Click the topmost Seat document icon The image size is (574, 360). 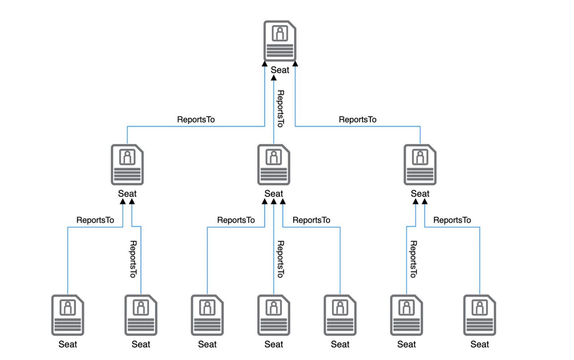click(x=280, y=40)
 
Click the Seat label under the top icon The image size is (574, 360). click(x=280, y=70)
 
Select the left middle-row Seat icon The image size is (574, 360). click(x=127, y=165)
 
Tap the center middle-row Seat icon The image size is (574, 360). click(x=274, y=165)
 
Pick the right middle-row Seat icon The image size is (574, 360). click(x=420, y=165)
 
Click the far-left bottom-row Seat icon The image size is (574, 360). click(x=68, y=315)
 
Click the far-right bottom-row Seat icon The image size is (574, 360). click(x=479, y=315)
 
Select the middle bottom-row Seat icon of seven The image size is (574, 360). click(x=274, y=315)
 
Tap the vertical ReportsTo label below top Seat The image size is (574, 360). click(x=280, y=109)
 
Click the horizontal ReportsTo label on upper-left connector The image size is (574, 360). click(x=196, y=120)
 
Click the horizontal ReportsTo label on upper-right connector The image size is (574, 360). click(x=357, y=120)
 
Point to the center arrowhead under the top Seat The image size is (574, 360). click(x=274, y=78)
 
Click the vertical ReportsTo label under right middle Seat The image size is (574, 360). click(x=413, y=259)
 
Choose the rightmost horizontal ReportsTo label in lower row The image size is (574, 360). click(x=452, y=220)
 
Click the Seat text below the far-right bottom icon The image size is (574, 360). click(x=479, y=344)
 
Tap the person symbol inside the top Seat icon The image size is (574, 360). click(x=280, y=34)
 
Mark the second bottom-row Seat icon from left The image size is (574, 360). click(x=141, y=315)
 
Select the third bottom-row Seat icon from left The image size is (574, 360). click(x=207, y=315)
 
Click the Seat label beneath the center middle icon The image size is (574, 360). click(x=274, y=194)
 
